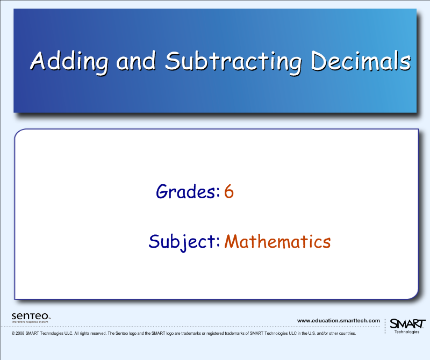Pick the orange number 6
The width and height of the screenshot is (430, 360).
(229, 191)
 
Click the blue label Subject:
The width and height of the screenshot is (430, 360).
(184, 242)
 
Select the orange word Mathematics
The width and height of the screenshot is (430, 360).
(277, 242)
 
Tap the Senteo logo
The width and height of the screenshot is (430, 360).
(31, 315)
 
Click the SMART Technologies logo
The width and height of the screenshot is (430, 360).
(407, 324)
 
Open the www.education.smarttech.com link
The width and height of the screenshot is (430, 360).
(338, 321)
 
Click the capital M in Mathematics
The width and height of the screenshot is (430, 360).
(232, 242)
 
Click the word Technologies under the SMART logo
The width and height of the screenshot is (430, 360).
(407, 332)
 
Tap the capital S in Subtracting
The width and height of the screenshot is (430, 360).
(173, 61)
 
